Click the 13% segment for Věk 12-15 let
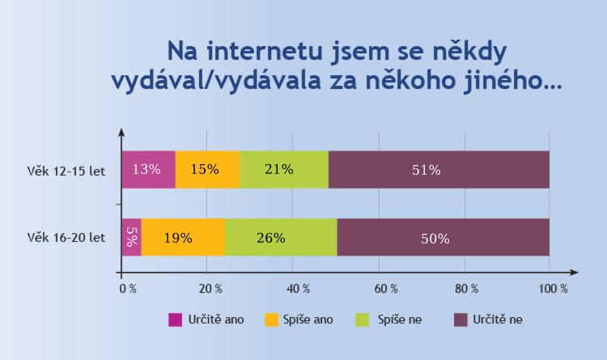(147, 170)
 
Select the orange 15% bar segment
(207, 170)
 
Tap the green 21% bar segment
(284, 170)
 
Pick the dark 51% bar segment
(439, 170)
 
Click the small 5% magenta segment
(131, 237)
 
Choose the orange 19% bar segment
(183, 237)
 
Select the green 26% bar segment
(281, 237)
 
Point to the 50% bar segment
(443, 237)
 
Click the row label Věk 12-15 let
(66, 171)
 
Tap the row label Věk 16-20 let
(66, 238)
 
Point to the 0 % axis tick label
(127, 288)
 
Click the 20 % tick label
(210, 288)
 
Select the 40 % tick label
(296, 288)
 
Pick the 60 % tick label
(382, 288)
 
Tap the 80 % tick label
(468, 288)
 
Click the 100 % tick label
(554, 288)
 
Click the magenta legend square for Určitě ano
(175, 320)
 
